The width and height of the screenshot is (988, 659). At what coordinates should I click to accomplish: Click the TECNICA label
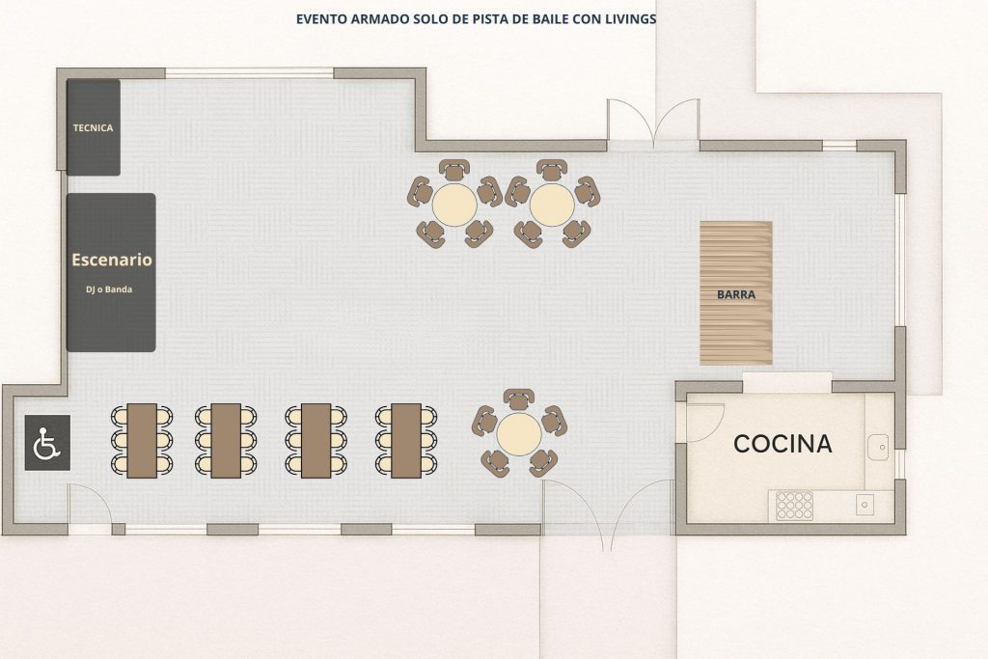(94, 128)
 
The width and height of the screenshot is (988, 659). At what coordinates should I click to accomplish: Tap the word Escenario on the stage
(112, 260)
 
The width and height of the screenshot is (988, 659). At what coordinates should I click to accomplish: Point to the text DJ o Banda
(109, 289)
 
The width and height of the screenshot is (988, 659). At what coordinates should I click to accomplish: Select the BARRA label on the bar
(736, 294)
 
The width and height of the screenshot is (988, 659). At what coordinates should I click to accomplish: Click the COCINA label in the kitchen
(782, 444)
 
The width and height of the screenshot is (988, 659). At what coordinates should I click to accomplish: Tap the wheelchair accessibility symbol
(47, 443)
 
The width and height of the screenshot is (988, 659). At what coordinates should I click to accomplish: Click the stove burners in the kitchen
(795, 506)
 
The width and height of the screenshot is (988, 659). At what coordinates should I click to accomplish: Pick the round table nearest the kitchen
(519, 433)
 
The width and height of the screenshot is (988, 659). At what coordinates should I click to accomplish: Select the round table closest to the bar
(552, 205)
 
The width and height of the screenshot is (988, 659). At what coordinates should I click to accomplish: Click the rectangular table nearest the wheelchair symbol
(142, 441)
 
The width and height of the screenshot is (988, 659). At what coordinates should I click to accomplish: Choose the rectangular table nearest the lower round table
(406, 441)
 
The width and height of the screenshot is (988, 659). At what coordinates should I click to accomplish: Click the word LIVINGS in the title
(631, 19)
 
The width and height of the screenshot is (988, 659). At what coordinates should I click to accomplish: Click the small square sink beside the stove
(864, 505)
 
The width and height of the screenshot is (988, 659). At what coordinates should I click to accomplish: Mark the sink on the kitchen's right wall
(878, 447)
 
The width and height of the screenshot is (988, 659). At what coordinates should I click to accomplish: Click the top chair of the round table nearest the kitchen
(519, 399)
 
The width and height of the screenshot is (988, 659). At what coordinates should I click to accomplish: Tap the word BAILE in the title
(546, 19)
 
